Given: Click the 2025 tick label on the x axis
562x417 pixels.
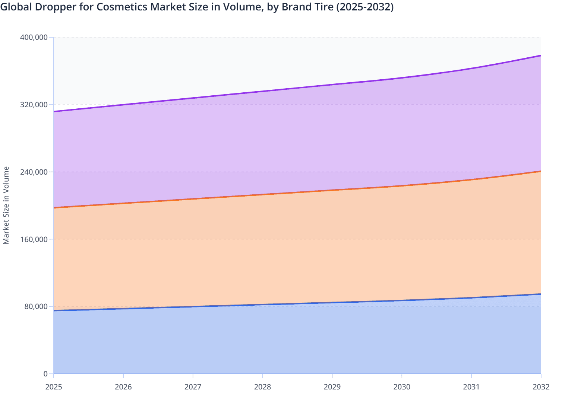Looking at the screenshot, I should [54, 387].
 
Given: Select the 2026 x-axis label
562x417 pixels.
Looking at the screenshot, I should [123, 387].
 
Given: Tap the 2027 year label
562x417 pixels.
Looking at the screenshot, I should [193, 387].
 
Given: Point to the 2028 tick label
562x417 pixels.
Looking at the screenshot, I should [262, 387].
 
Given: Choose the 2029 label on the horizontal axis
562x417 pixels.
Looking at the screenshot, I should [332, 387].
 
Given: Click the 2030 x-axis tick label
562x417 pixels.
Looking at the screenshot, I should [402, 387].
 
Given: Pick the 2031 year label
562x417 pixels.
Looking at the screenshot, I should [471, 387].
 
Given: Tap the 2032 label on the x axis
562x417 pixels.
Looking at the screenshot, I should [541, 387].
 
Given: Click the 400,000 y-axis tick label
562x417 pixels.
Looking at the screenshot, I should [34, 37].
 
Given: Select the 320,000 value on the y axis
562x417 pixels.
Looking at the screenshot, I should [34, 105].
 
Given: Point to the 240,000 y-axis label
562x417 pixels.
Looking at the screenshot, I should [34, 172].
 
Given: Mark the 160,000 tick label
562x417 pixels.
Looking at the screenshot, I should [34, 239].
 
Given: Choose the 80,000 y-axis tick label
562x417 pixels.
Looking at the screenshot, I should [36, 306].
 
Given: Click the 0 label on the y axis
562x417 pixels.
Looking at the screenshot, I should [45, 374].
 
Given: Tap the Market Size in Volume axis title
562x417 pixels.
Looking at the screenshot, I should [6, 206].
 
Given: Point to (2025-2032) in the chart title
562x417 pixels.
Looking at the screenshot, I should [365, 7].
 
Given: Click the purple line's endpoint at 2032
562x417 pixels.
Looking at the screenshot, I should [541, 55].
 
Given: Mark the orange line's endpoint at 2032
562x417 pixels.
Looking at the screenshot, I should [541, 171].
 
